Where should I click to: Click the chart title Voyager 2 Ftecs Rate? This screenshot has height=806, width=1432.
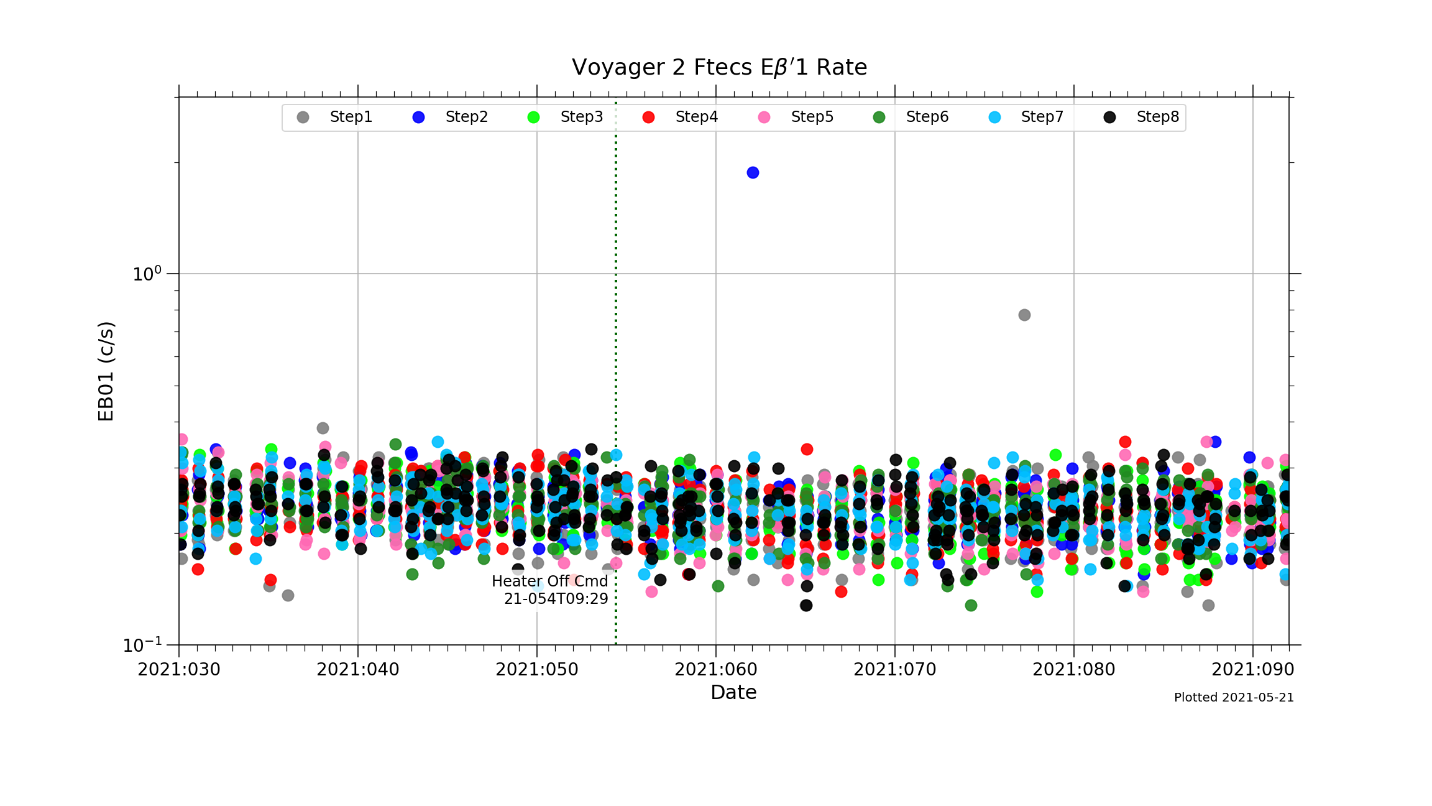(719, 67)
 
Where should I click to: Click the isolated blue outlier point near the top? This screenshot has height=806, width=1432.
(753, 172)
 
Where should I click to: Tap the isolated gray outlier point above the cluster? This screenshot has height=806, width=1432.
(1024, 315)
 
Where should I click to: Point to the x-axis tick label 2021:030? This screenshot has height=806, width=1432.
(179, 670)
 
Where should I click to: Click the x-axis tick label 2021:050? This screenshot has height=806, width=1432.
(537, 670)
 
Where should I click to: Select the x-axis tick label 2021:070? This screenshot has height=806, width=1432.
(895, 670)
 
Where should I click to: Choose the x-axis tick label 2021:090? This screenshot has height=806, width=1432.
(1253, 670)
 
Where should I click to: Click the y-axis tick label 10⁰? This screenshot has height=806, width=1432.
(147, 274)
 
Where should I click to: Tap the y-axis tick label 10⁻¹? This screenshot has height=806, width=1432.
(142, 645)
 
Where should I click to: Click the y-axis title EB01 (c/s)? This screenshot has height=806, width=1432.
(106, 371)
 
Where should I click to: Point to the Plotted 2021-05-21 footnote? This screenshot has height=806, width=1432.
(1234, 698)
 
